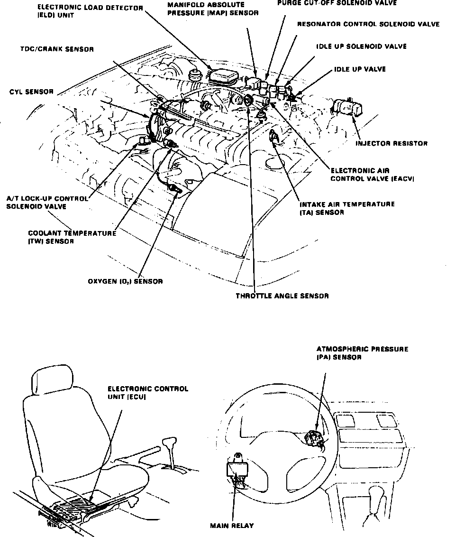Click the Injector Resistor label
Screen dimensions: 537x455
click(x=392, y=143)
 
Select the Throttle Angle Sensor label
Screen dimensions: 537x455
click(x=282, y=296)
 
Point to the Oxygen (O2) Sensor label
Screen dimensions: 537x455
click(x=125, y=281)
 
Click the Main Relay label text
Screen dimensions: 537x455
click(x=232, y=525)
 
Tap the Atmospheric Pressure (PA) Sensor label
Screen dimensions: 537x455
click(x=362, y=353)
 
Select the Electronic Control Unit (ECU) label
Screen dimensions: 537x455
click(x=147, y=392)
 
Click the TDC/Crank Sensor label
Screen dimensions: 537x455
click(x=57, y=49)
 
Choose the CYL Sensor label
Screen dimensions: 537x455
click(x=31, y=92)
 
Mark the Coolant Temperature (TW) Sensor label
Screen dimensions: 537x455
click(x=72, y=237)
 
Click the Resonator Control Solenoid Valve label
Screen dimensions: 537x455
click(x=368, y=24)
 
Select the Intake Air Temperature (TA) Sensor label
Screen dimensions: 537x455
click(x=347, y=208)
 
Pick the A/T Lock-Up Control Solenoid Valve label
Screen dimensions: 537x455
click(x=47, y=203)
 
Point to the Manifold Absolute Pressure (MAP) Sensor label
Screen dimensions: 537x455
click(x=213, y=9)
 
